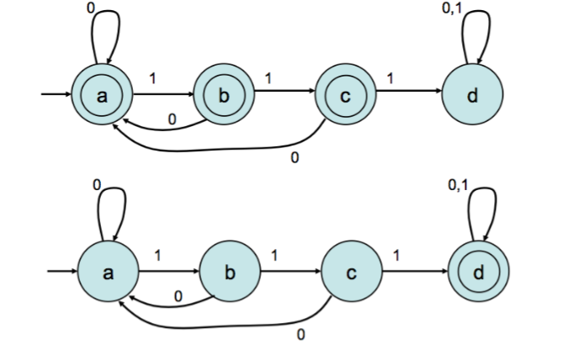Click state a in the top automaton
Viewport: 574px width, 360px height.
click(103, 96)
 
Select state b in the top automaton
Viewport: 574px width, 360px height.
click(223, 96)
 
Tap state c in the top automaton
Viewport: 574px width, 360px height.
click(345, 96)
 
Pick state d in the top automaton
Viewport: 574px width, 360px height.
click(472, 96)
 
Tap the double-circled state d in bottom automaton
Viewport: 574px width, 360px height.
click(477, 273)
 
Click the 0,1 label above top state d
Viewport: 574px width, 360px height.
click(451, 8)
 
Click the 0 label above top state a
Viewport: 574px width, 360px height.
click(91, 7)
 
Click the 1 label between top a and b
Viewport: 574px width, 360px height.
click(152, 78)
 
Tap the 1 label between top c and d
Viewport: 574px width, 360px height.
click(391, 78)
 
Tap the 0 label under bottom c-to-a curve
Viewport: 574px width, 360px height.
click(300, 336)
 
